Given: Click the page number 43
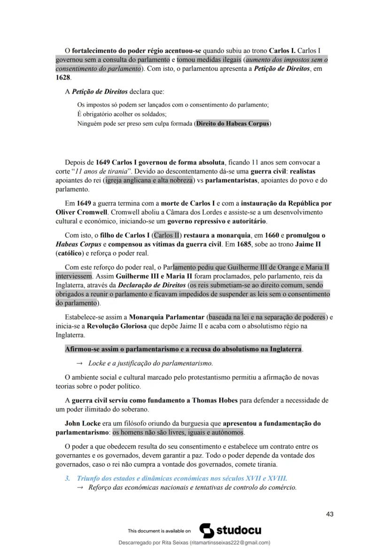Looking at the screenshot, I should tap(329, 514).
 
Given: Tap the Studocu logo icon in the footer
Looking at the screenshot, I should tap(207, 530).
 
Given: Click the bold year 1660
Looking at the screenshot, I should tap(272, 235).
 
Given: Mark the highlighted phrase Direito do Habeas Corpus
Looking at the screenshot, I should tap(233, 124).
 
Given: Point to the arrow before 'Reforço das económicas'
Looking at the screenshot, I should tap(79, 487).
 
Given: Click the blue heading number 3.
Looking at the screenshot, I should tap(67, 478).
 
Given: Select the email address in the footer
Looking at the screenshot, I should tap(230, 542).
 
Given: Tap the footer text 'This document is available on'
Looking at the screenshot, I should tap(159, 531).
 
